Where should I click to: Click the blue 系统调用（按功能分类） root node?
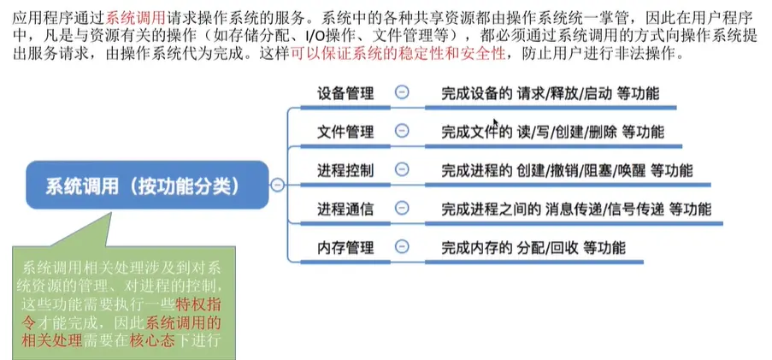click(141, 184)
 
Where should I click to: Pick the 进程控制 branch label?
click(345, 170)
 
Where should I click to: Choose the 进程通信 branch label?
click(345, 209)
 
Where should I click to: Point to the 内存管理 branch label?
click(345, 248)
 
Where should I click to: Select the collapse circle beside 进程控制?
click(401, 169)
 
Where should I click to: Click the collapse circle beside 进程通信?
click(401, 209)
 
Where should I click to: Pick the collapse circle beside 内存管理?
click(401, 248)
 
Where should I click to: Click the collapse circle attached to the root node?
click(277, 185)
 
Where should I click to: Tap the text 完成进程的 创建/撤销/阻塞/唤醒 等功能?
click(568, 170)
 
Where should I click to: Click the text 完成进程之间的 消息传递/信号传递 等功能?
click(576, 209)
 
